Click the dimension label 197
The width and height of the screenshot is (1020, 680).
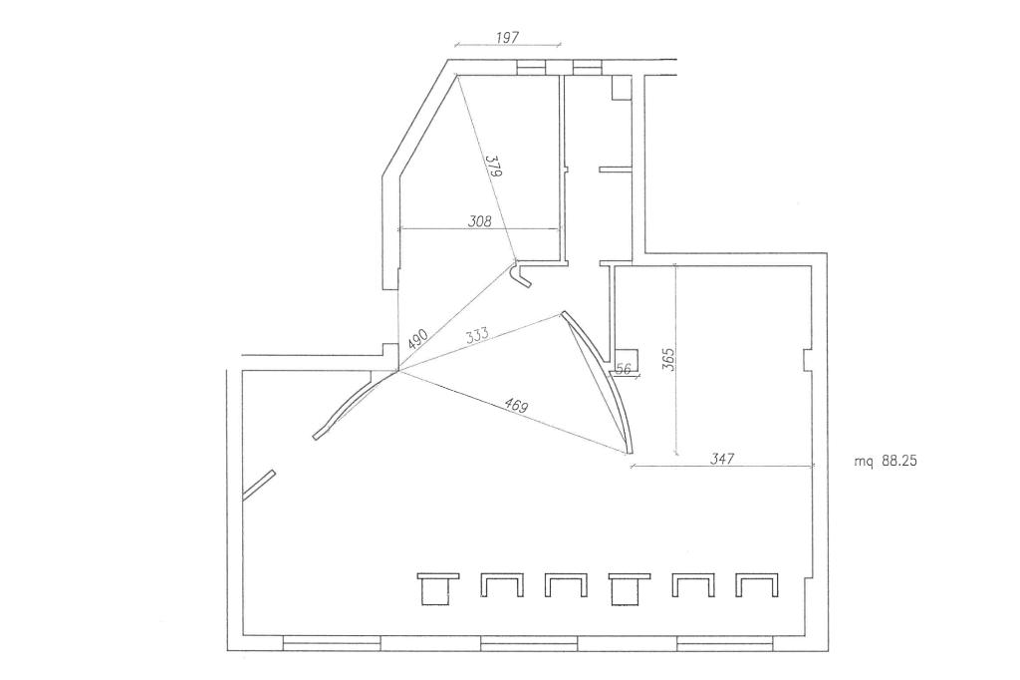coord(507,37)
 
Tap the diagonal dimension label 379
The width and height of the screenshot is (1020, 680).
coord(494,167)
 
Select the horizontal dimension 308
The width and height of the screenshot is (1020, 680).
coord(479,220)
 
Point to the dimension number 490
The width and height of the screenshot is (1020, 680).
coord(417,339)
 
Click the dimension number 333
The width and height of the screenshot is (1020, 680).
coord(477,335)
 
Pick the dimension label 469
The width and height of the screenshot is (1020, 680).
coord(516,406)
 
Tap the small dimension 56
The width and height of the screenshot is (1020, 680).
coord(624,369)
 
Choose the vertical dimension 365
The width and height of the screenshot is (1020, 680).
coord(668,359)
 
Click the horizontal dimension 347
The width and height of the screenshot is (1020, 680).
coord(722,459)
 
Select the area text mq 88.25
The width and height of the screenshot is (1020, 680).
coord(886,462)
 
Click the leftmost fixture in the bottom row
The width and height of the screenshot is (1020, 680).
coord(438,589)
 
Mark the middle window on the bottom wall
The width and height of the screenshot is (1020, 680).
coord(529,643)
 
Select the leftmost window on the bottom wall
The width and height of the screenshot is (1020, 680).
coord(332,643)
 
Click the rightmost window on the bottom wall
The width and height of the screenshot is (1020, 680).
coord(725,643)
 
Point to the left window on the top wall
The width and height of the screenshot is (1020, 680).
coord(531,67)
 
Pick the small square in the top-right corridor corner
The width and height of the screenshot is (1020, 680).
coord(622,88)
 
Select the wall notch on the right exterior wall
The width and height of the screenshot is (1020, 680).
coord(807,360)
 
